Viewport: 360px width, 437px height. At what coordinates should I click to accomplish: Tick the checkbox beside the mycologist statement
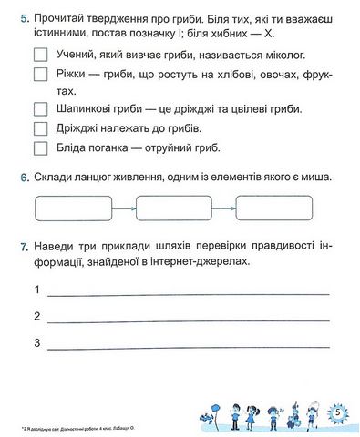38,55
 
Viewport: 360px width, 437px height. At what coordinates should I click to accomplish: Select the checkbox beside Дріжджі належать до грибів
38,127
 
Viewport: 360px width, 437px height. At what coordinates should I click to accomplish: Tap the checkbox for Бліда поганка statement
38,147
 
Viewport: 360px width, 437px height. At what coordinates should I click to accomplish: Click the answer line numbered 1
187,293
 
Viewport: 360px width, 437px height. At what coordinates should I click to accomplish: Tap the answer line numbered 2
187,320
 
